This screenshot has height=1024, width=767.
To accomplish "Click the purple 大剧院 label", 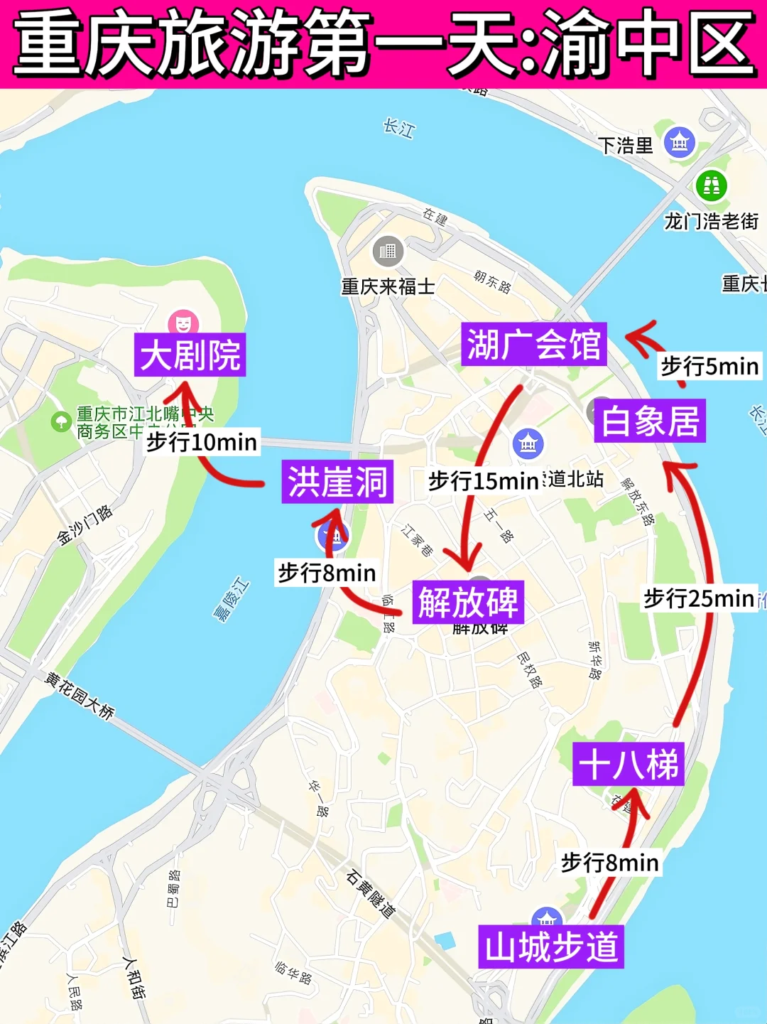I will click(190, 355).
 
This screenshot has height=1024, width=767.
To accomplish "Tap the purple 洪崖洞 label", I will click(337, 482).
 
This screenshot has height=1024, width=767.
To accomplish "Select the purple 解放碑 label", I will click(468, 603).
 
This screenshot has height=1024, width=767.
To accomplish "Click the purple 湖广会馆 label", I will click(533, 345).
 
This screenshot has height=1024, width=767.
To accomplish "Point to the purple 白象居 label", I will click(650, 421).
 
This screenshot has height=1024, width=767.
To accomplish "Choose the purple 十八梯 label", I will click(629, 765).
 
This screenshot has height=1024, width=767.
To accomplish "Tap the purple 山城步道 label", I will click(551, 947).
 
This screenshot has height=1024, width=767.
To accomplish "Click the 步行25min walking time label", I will click(699, 598).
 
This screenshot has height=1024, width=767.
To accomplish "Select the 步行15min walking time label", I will click(484, 481).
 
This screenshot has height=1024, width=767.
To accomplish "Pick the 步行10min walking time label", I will click(202, 442).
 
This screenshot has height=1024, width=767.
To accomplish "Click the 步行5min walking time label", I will click(709, 367).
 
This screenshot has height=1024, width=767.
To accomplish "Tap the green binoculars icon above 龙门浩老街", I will click(711, 185).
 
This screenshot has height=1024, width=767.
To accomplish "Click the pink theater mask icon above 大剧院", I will click(183, 323).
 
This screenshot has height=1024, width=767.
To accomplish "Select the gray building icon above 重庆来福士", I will click(388, 251).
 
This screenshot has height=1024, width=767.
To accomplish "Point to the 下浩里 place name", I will click(625, 146).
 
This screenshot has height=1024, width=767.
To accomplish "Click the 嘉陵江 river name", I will click(232, 600).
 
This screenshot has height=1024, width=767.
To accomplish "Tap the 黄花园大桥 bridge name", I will click(80, 695).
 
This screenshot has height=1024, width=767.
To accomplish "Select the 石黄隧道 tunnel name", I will click(370, 893).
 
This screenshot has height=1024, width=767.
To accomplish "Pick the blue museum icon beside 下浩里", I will click(680, 143).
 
